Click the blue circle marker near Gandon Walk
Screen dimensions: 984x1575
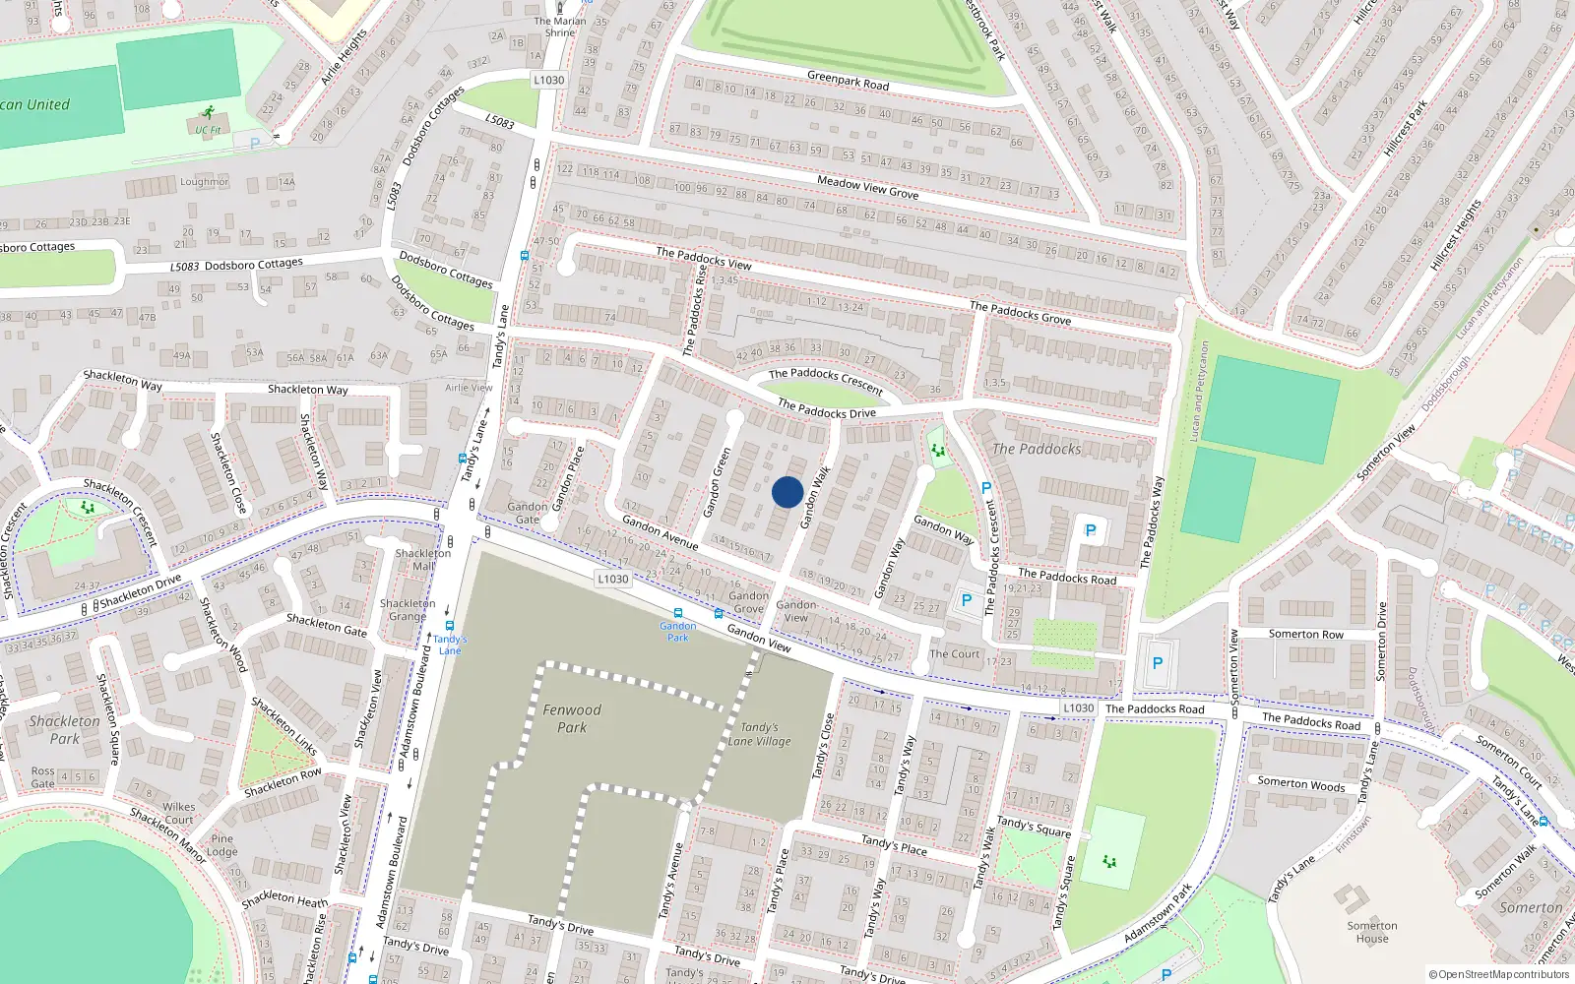tap(787, 492)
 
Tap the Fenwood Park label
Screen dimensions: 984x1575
tap(572, 718)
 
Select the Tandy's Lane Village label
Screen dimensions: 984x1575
tap(759, 734)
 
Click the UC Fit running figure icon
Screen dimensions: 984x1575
tap(208, 113)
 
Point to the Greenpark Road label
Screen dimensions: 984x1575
tap(848, 81)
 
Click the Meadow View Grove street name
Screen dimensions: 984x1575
tap(867, 187)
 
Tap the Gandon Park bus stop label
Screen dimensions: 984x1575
tap(677, 631)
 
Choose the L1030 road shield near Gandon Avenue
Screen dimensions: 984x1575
tap(612, 579)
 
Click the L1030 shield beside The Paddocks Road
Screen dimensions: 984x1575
tap(1078, 707)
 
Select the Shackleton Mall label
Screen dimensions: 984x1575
tap(422, 559)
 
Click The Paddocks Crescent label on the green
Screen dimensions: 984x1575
tap(825, 381)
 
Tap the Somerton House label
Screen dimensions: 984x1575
tap(1372, 932)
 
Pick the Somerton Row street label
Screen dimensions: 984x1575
tap(1305, 635)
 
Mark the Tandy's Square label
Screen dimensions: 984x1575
tap(1034, 827)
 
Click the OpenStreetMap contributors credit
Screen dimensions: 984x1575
tap(1499, 975)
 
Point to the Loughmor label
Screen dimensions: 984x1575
tap(204, 182)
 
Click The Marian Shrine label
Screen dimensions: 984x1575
tap(560, 27)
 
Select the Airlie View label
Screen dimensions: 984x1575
tap(469, 388)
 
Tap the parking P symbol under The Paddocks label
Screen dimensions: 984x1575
tap(1090, 530)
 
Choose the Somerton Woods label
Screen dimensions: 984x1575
tap(1300, 784)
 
